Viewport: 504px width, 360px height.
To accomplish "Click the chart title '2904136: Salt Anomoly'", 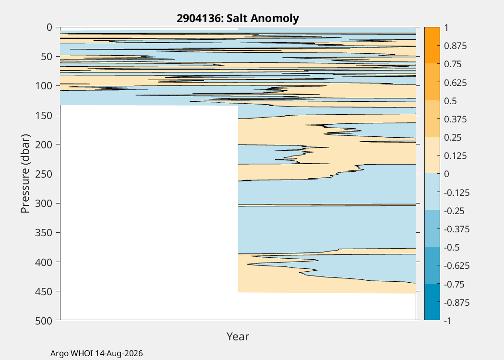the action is pyautogui.click(x=238, y=18).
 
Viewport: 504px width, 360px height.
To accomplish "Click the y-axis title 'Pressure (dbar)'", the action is pyautogui.click(x=25, y=174).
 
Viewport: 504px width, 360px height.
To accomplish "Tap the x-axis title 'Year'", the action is pyautogui.click(x=238, y=336).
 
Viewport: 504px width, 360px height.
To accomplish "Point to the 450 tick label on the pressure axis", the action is pyautogui.click(x=43, y=291).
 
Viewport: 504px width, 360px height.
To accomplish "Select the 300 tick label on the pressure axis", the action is pyautogui.click(x=43, y=204).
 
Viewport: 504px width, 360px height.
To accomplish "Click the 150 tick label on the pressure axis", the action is pyautogui.click(x=43, y=115).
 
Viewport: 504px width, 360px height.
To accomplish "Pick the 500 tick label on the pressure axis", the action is pyautogui.click(x=43, y=321).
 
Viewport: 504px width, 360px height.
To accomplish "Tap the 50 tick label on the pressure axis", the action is pyautogui.click(x=46, y=57).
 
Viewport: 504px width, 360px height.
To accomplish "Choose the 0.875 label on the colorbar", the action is pyautogui.click(x=455, y=46).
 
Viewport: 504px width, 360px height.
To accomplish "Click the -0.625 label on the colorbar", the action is pyautogui.click(x=457, y=266).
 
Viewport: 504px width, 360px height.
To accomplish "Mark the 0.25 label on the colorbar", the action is pyautogui.click(x=453, y=138).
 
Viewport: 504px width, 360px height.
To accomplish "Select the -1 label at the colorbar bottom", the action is pyautogui.click(x=448, y=321).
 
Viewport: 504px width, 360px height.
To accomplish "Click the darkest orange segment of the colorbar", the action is pyautogui.click(x=432, y=45).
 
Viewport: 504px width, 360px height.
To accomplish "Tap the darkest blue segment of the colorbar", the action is pyautogui.click(x=432, y=302).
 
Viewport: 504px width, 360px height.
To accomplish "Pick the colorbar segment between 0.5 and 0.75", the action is pyautogui.click(x=432, y=82).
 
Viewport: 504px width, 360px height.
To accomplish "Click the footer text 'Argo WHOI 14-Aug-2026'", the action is pyautogui.click(x=96, y=354).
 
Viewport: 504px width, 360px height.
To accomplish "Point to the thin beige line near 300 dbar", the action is pyautogui.click(x=327, y=205).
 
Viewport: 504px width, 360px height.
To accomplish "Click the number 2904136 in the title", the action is pyautogui.click(x=199, y=18).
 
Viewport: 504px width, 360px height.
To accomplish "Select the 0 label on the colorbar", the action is pyautogui.click(x=446, y=174).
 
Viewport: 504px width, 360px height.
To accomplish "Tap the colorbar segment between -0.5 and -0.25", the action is pyautogui.click(x=432, y=228).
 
